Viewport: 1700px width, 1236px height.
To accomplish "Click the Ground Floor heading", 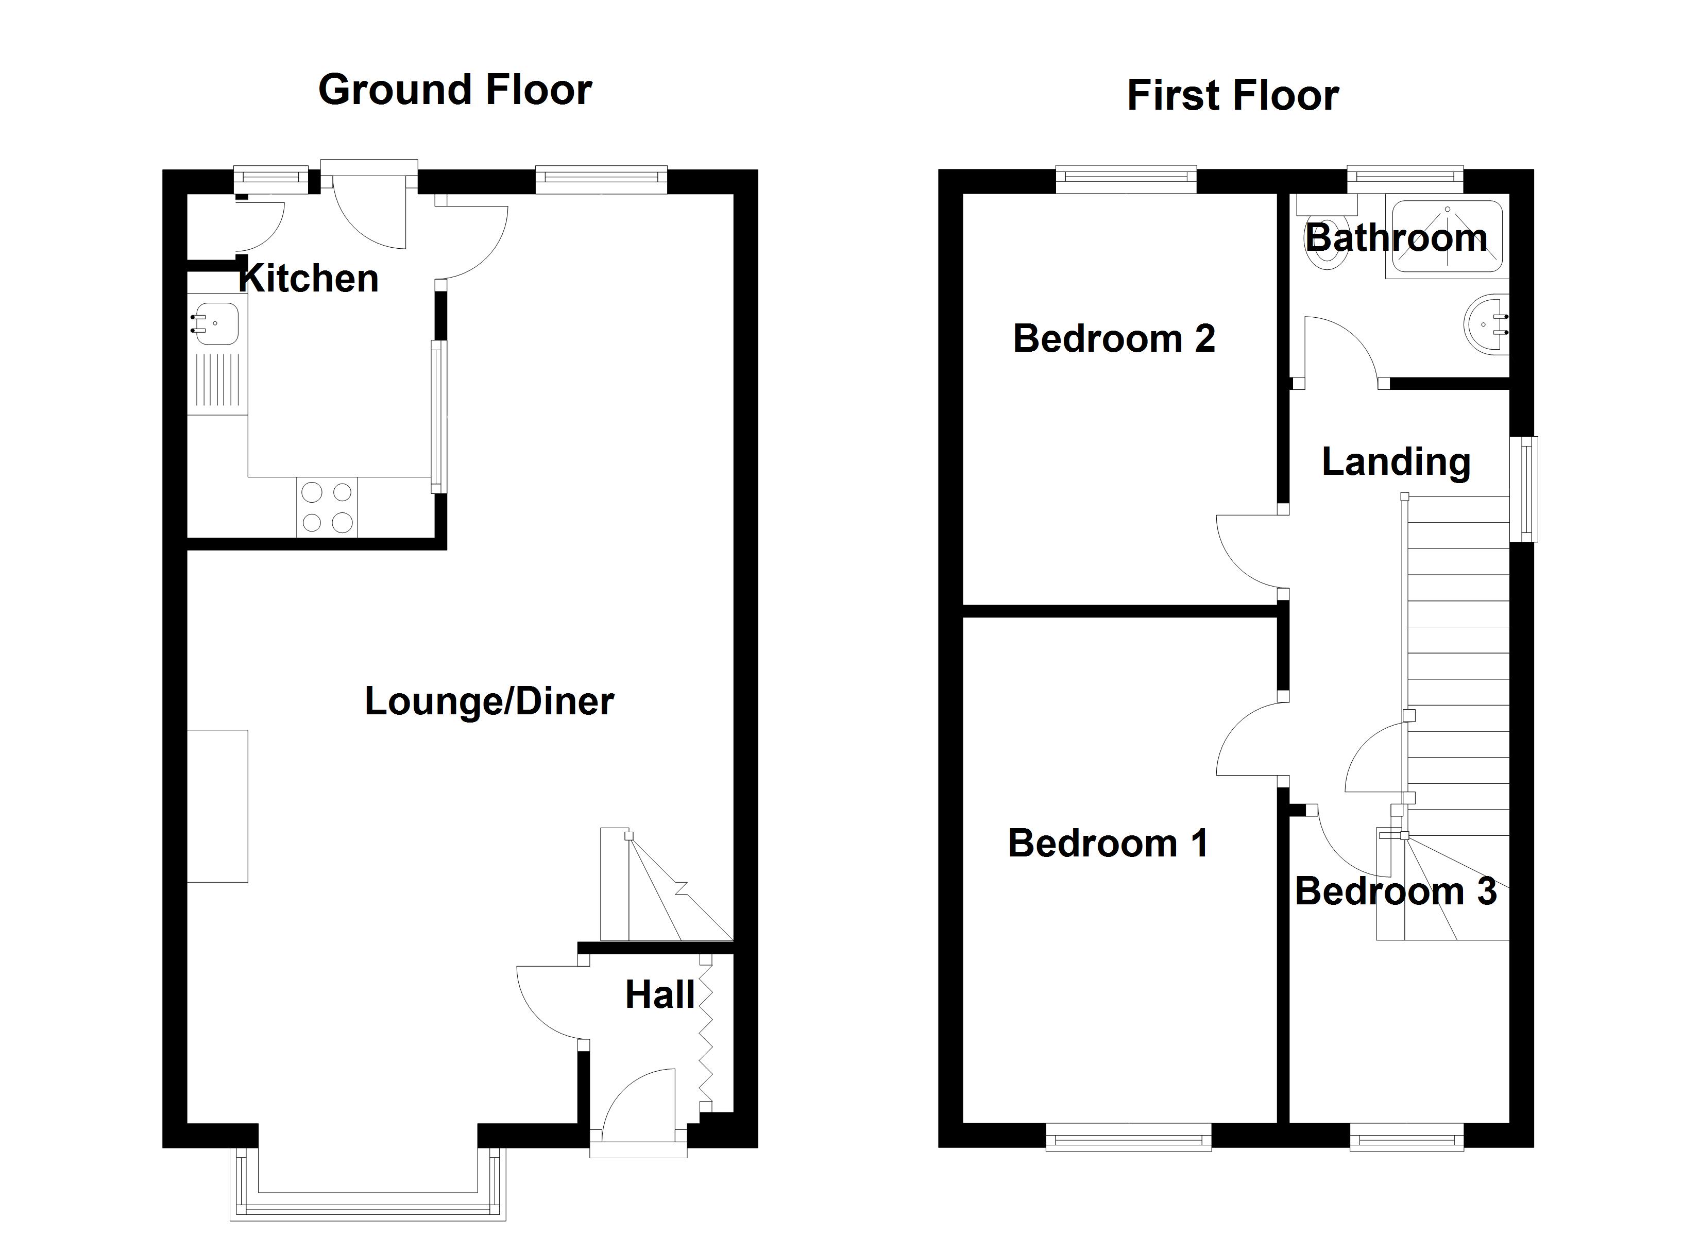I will pos(455,90).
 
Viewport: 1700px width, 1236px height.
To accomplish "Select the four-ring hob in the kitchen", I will pos(327,507).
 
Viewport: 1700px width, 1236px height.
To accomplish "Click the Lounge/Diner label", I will pos(489,701).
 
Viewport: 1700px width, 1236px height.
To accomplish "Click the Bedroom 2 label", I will pos(1114,339).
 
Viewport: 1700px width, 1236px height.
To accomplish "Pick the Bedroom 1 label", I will pos(1108,843).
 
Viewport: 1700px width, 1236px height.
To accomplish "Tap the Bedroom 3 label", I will pos(1396,891).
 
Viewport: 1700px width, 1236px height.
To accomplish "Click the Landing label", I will pos(1396,462).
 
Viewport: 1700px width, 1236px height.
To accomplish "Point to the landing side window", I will pos(1524,489).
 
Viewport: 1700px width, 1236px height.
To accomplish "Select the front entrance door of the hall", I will pos(637,1102).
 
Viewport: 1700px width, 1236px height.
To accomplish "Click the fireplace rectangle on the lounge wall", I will pos(217,806).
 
